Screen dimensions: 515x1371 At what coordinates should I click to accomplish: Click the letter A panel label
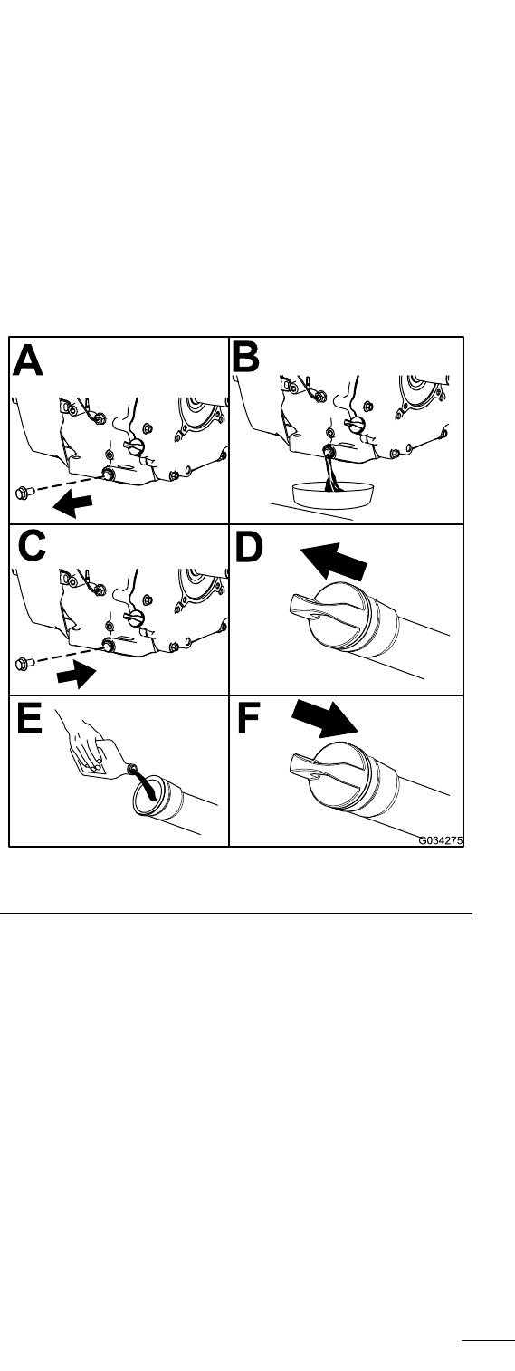pos(28,360)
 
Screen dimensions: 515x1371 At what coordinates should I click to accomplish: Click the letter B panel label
pos(246,356)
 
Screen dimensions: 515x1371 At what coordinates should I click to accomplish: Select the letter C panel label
pos(32,545)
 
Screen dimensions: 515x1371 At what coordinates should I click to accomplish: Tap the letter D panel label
pos(249,547)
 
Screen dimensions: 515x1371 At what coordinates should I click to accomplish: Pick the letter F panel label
pos(248,718)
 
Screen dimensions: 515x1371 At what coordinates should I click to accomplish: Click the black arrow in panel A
pos(72,504)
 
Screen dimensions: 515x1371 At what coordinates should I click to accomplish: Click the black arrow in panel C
pos(76,676)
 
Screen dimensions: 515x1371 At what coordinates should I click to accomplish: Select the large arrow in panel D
pos(334,561)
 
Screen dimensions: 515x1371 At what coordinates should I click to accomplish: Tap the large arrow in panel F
pos(324,718)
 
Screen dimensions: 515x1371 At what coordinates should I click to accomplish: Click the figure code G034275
pos(441,840)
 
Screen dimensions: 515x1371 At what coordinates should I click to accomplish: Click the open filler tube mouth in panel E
pos(148,795)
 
